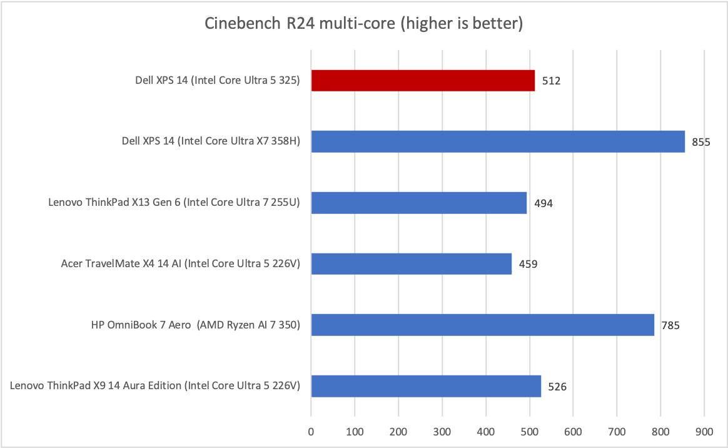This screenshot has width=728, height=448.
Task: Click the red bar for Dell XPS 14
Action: point(423,80)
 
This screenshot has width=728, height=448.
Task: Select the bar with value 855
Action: point(498,141)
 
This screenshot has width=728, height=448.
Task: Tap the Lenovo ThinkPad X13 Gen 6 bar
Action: point(419,203)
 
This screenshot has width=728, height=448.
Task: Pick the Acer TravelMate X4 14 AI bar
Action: point(412,263)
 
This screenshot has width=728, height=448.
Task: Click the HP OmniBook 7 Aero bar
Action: point(482,325)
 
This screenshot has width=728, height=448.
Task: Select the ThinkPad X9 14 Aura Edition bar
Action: point(426,386)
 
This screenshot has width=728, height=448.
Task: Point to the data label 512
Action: point(552,81)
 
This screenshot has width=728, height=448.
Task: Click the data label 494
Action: point(543,203)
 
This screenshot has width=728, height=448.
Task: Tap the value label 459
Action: point(528,264)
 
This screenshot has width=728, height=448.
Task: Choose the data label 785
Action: point(670,325)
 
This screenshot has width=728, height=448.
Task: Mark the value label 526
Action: point(557,387)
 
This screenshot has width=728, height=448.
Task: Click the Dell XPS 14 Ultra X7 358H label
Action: point(211,141)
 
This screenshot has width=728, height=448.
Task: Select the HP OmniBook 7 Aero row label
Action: point(195,325)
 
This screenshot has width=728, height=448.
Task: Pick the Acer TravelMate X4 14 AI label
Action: point(181,264)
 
